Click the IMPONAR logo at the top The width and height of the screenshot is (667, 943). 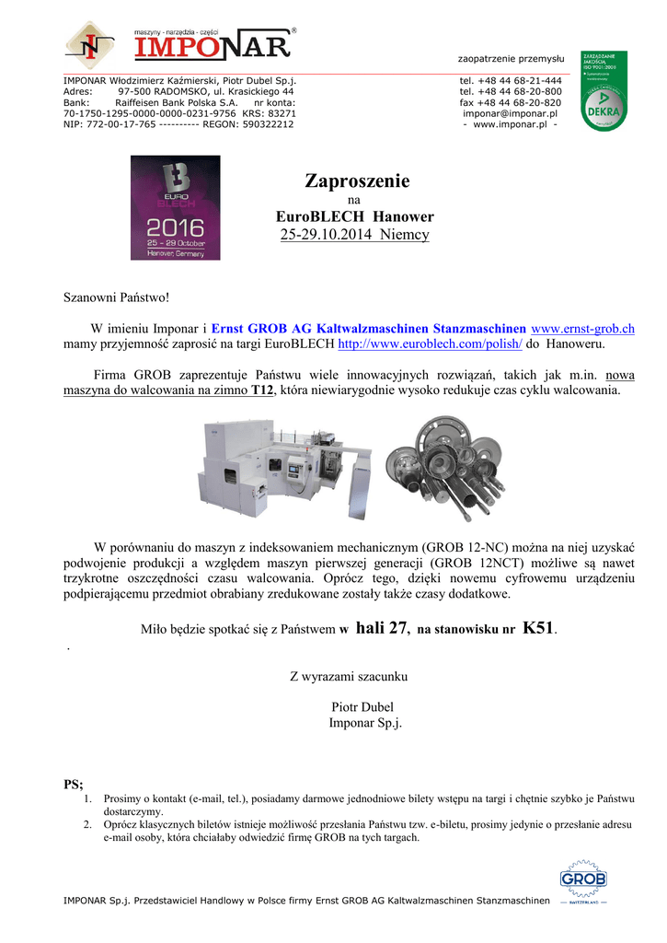180,44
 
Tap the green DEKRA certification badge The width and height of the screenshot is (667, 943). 604,90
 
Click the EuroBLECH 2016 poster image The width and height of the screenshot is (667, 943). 175,207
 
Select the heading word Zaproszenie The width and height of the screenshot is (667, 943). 355,180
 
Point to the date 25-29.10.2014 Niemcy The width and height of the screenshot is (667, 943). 354,235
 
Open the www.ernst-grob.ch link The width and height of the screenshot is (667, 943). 583,329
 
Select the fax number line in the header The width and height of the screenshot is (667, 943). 511,102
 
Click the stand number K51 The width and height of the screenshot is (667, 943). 538,629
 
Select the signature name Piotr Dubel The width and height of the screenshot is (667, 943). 365,706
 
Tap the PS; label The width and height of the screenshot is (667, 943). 73,785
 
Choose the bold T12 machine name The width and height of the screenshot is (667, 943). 263,390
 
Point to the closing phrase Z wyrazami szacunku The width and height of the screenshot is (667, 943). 349,677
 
